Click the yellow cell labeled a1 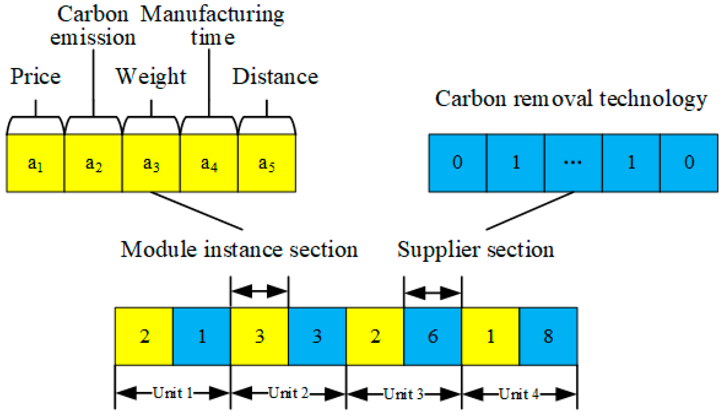click(x=35, y=163)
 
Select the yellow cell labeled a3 click(x=151, y=163)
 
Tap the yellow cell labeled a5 click(x=267, y=163)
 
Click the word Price click(x=35, y=76)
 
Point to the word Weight click(x=151, y=76)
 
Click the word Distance click(x=275, y=76)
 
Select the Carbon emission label click(x=93, y=26)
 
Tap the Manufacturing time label click(x=212, y=26)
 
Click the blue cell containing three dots click(x=573, y=163)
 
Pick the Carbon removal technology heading click(x=571, y=99)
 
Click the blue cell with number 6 click(x=432, y=336)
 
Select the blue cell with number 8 click(x=548, y=336)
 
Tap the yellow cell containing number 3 click(x=259, y=336)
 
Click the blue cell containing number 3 click(x=317, y=336)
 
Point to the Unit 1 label click(x=172, y=393)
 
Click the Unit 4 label click(x=519, y=393)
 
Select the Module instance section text click(x=239, y=250)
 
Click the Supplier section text click(x=475, y=250)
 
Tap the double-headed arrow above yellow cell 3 click(x=259, y=291)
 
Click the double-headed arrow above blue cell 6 click(x=432, y=293)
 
